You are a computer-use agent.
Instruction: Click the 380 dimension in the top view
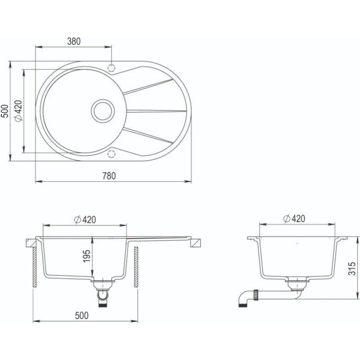(74, 41)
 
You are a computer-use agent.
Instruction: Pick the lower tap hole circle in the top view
(111, 154)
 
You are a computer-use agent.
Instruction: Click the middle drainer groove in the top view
(155, 111)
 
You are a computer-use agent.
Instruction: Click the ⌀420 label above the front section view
(84, 220)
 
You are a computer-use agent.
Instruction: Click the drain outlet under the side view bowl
(295, 283)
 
